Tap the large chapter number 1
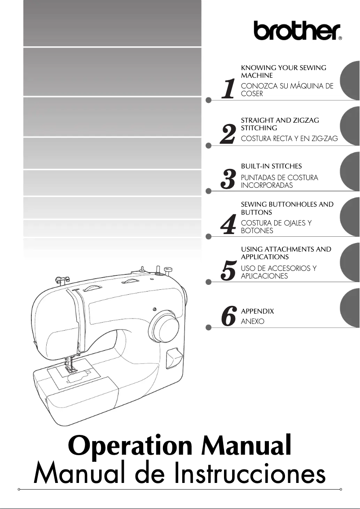point(228,89)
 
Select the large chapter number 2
point(228,134)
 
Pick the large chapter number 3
point(228,180)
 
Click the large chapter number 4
point(228,226)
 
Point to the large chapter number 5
point(228,271)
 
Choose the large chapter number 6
point(228,317)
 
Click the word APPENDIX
point(257,311)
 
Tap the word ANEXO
point(253,322)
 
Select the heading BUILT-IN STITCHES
point(271,166)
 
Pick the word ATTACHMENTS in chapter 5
point(290,249)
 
